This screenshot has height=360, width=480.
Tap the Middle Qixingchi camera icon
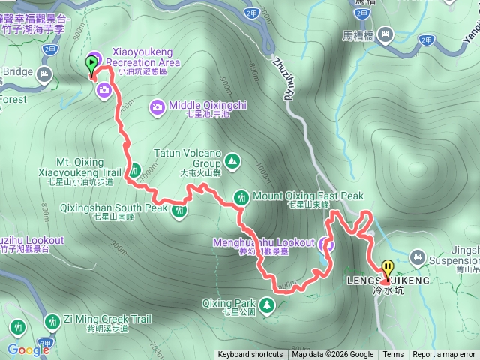tap(157, 106)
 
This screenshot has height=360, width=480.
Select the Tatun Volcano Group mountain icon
tap(232, 160)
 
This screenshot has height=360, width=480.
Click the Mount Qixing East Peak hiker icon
tap(241, 196)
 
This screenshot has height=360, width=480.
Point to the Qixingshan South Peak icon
tap(179, 211)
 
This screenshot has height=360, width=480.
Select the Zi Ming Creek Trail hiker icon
tap(52, 322)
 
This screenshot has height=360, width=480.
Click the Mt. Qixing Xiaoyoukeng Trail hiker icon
tap(136, 169)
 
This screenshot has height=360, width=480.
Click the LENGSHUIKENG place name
tap(388, 280)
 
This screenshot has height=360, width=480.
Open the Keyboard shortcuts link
tap(250, 355)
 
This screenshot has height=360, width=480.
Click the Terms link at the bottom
tap(393, 355)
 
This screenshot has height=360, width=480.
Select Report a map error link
tap(444, 355)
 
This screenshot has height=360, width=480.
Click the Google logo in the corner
tap(28, 349)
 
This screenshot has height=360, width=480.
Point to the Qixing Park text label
tap(229, 304)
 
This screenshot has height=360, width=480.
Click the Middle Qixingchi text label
tap(208, 106)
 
